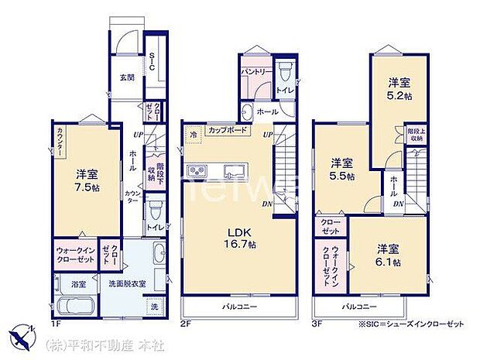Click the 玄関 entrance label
tap(127, 78)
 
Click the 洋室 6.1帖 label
tap(389, 256)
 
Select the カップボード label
tap(228, 131)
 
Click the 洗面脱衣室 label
tap(127, 283)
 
